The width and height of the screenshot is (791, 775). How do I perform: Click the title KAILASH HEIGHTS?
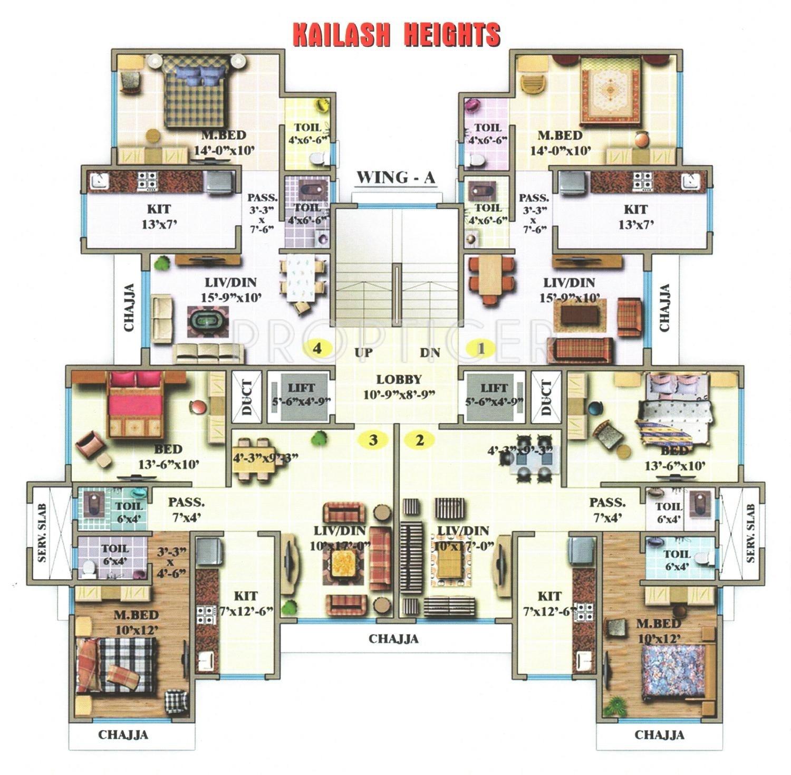pyautogui.click(x=395, y=35)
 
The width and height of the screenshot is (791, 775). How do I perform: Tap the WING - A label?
pyautogui.click(x=395, y=178)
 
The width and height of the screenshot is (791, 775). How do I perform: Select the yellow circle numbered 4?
pyautogui.click(x=317, y=348)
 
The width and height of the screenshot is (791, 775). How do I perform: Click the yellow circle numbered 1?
pyautogui.click(x=480, y=348)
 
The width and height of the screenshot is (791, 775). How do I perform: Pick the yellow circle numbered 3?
pyautogui.click(x=373, y=439)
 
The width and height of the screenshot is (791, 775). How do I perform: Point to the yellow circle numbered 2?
pyautogui.click(x=420, y=439)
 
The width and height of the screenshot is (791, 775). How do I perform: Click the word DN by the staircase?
pyautogui.click(x=430, y=352)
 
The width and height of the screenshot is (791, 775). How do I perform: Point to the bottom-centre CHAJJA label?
pyautogui.click(x=393, y=639)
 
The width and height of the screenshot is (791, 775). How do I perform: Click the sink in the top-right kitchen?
pyautogui.click(x=691, y=181)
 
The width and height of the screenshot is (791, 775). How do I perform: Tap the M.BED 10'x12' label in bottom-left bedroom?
pyautogui.click(x=134, y=621)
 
